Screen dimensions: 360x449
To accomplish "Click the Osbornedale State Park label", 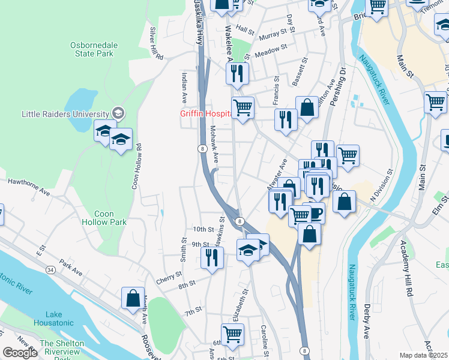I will click(x=92, y=49).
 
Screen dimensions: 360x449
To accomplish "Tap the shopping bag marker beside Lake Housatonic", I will click(x=133, y=298).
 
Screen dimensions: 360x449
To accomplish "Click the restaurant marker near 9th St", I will click(x=212, y=257).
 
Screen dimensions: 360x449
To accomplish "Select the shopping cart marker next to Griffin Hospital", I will click(x=243, y=108).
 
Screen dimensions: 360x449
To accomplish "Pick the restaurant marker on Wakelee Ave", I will click(x=237, y=73).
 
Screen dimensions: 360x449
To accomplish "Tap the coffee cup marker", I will click(x=313, y=212).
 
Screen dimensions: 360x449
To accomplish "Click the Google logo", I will click(x=20, y=353).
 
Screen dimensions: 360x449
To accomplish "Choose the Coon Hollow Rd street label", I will click(x=137, y=166).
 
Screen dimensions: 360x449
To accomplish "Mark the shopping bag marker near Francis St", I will click(x=307, y=108).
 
